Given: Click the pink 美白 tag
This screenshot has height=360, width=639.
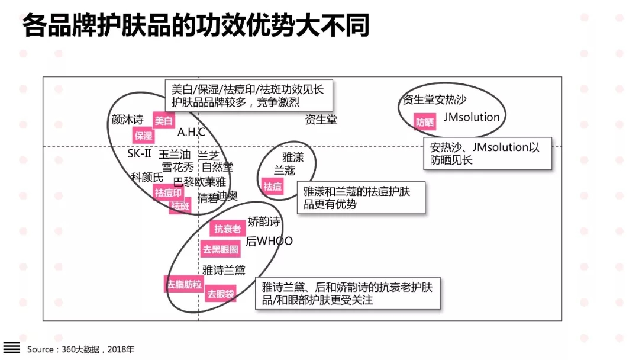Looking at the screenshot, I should (164, 120).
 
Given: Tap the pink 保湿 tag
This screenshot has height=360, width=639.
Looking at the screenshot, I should (144, 136).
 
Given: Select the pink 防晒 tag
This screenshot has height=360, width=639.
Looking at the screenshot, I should (424, 123).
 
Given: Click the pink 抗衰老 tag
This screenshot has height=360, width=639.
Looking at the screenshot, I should (225, 229).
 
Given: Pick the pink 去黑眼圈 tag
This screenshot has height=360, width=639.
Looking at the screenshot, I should (221, 249).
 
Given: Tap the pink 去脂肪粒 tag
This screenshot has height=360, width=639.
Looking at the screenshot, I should (184, 284).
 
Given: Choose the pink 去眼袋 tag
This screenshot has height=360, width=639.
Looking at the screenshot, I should (220, 294).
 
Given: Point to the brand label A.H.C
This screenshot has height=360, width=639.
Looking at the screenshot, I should (191, 132).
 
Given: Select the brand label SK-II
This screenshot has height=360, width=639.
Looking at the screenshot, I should (139, 153).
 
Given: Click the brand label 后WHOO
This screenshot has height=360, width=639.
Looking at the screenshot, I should (269, 241).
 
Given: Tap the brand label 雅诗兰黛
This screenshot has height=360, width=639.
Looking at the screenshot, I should (224, 270).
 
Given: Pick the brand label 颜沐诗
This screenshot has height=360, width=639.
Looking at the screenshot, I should (128, 120).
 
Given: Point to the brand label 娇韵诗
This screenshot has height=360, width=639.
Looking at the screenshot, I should (264, 222).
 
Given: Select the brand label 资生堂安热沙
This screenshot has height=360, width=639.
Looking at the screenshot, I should (434, 99).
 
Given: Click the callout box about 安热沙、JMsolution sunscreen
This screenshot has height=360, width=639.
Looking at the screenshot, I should (488, 153).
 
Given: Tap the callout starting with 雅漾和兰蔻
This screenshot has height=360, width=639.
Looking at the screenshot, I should (360, 198).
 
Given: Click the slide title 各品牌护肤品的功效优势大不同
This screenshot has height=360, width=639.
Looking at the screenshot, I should (196, 26).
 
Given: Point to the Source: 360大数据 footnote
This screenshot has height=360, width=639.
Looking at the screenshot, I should (80, 349).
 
